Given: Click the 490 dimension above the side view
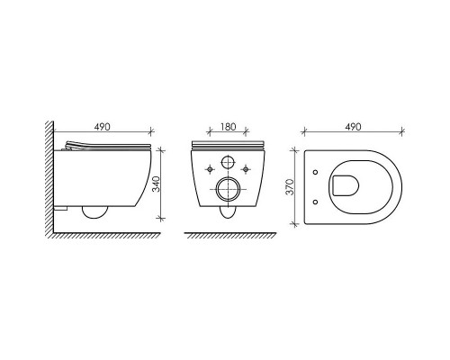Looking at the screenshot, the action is click(x=103, y=127).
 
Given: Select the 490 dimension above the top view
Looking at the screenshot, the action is click(x=353, y=127).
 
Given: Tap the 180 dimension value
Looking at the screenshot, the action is click(x=228, y=127).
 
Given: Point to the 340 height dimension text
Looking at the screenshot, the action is click(x=157, y=184).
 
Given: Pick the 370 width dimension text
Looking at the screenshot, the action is click(x=290, y=187).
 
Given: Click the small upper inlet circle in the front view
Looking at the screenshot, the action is click(x=228, y=163).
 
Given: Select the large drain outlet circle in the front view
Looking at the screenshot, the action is click(x=228, y=189).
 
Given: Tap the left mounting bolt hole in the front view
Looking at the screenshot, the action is click(x=210, y=170).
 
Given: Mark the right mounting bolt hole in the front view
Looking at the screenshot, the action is click(x=246, y=170).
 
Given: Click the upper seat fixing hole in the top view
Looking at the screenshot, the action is click(x=315, y=172).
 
